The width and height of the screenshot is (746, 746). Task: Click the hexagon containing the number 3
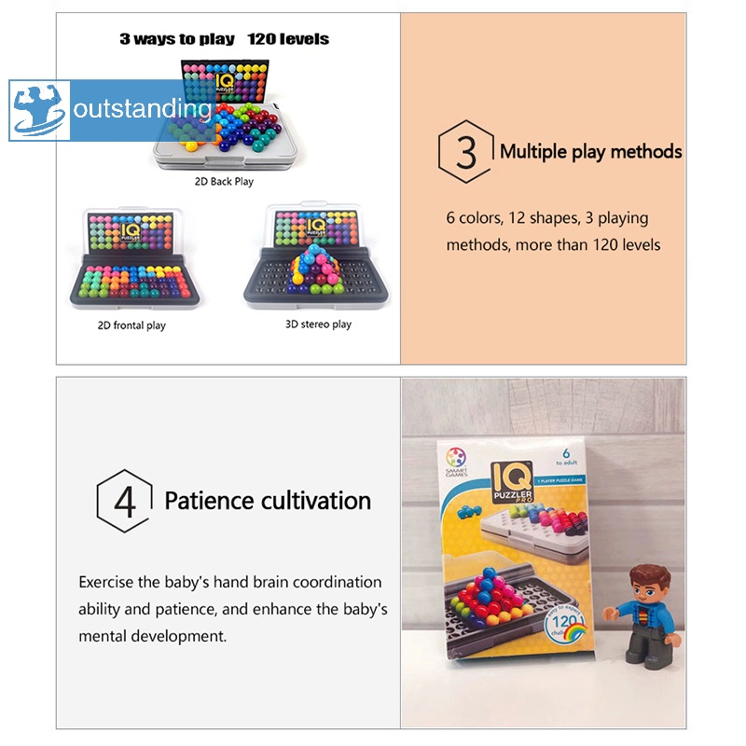[x=465, y=151]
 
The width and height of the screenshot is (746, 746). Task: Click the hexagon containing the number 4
[x=124, y=501]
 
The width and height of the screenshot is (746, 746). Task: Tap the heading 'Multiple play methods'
[x=590, y=151]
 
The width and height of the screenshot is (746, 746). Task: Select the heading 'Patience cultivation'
[x=268, y=501]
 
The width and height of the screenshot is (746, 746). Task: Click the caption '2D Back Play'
[x=224, y=182]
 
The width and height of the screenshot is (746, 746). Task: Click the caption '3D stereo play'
[x=318, y=325]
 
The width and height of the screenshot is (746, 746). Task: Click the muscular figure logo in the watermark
[x=40, y=110]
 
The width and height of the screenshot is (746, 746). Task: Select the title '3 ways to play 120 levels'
[x=224, y=39]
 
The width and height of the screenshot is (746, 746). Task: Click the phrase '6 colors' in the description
[x=476, y=218]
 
